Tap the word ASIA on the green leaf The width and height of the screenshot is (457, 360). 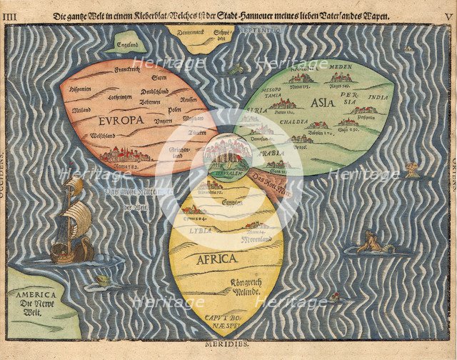click(x=323, y=102)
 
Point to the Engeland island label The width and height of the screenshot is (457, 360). click(x=127, y=44)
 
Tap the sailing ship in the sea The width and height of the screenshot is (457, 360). click(x=71, y=221)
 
